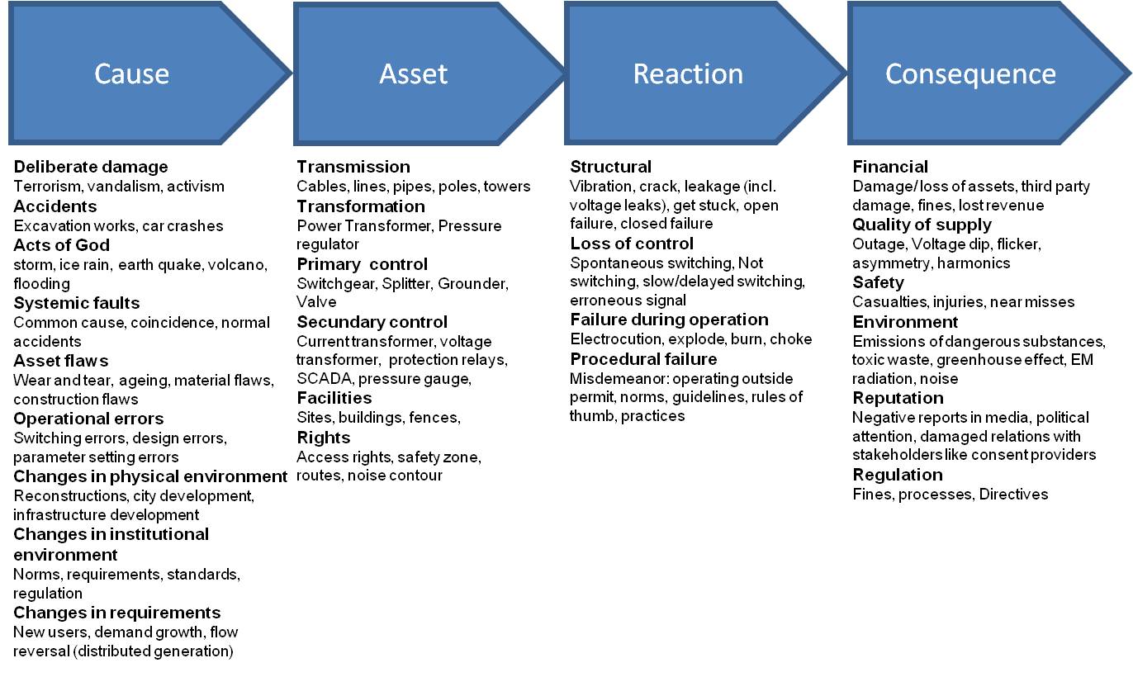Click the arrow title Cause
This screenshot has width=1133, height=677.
coord(131,73)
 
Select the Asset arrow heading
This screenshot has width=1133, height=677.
coord(413,73)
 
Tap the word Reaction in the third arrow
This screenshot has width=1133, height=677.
coord(688,73)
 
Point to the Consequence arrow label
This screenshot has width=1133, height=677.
coord(970,75)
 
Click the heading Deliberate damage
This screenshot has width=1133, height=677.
coord(91,167)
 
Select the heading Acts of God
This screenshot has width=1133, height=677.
coord(61,245)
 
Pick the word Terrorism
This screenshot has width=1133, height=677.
coord(48,187)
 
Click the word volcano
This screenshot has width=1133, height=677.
coord(237,265)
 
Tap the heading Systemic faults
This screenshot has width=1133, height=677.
coord(76,303)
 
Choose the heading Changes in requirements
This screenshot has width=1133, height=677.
coord(116,613)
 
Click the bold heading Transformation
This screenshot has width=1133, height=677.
coord(361,206)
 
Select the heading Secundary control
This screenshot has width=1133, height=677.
coord(372,322)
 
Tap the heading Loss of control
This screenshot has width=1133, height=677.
coord(631,244)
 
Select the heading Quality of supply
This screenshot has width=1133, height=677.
coord(922,225)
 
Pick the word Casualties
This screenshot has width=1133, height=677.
coord(889,302)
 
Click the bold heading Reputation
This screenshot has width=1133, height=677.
coord(898,399)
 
